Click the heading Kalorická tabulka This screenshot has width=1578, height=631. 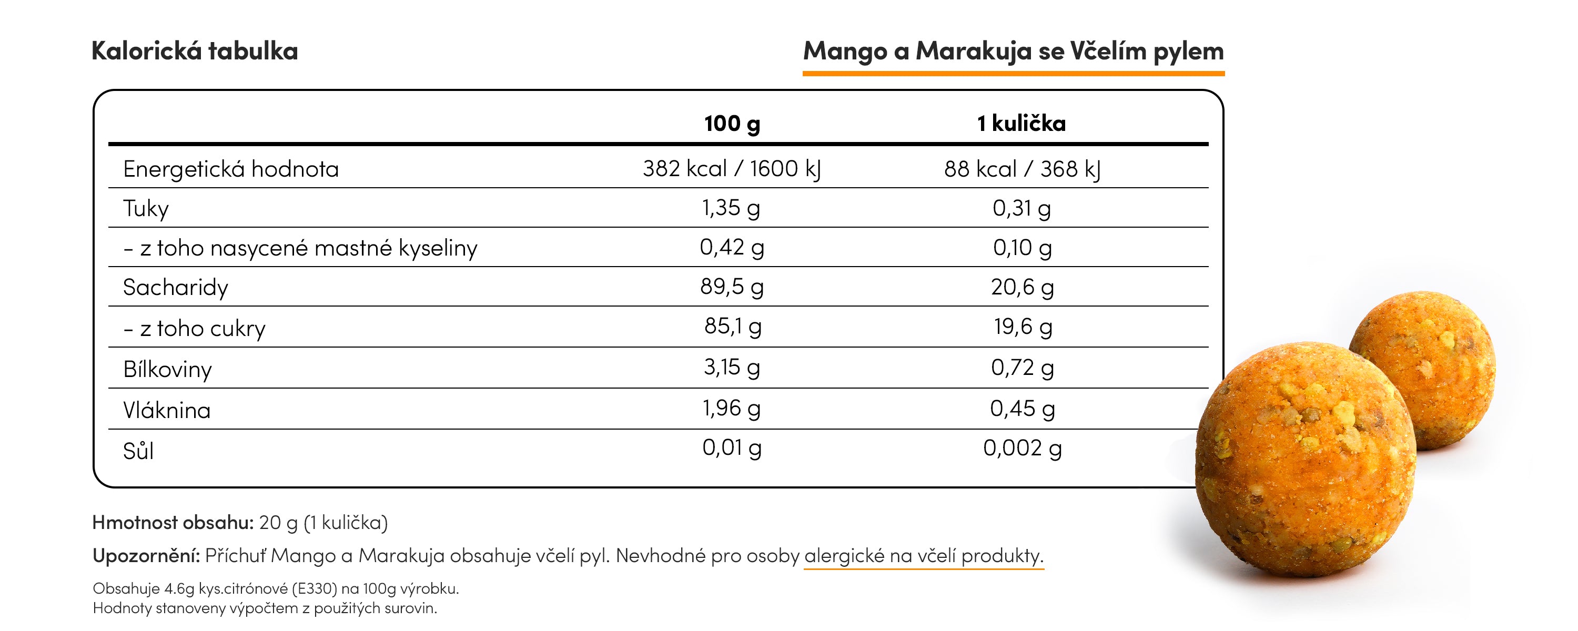194,51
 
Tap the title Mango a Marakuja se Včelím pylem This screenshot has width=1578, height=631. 1013,52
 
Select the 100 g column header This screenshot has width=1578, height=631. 732,123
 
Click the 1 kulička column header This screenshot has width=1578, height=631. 1021,123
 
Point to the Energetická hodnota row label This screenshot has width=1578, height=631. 230,168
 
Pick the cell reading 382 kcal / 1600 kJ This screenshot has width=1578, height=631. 732,168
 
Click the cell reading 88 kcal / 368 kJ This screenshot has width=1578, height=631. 1022,168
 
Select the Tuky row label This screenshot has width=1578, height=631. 145,208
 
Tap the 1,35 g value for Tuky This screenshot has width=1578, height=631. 731,208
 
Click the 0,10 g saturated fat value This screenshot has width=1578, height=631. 1022,248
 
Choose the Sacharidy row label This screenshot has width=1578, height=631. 175,287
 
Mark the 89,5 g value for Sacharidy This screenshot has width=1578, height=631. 732,287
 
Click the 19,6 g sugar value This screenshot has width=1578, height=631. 1022,327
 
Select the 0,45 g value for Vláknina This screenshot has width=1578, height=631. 1022,409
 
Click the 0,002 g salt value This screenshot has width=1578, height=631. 1022,448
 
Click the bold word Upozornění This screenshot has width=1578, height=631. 146,556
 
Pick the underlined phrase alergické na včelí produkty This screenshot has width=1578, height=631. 923,556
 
